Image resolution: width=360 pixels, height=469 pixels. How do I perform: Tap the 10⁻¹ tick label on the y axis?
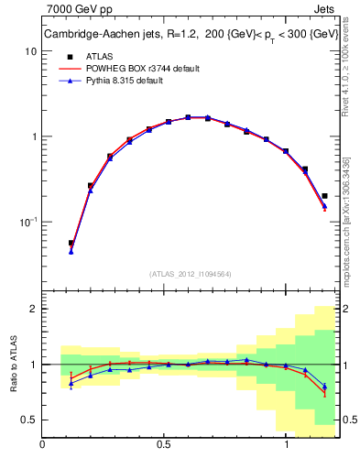(x=27, y=223)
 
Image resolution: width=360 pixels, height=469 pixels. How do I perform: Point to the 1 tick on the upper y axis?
(x=34, y=136)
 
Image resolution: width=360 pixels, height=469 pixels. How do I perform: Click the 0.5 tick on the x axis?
(x=165, y=444)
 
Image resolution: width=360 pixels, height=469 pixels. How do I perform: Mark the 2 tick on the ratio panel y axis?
(x=34, y=310)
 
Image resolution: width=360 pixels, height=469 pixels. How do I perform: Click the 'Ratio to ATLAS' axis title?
(x=12, y=363)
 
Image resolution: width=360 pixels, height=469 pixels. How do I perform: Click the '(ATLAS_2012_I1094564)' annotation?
(x=190, y=273)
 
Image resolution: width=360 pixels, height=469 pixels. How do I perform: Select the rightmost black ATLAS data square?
(x=325, y=195)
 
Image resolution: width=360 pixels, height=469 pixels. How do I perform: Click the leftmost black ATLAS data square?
(x=71, y=244)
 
